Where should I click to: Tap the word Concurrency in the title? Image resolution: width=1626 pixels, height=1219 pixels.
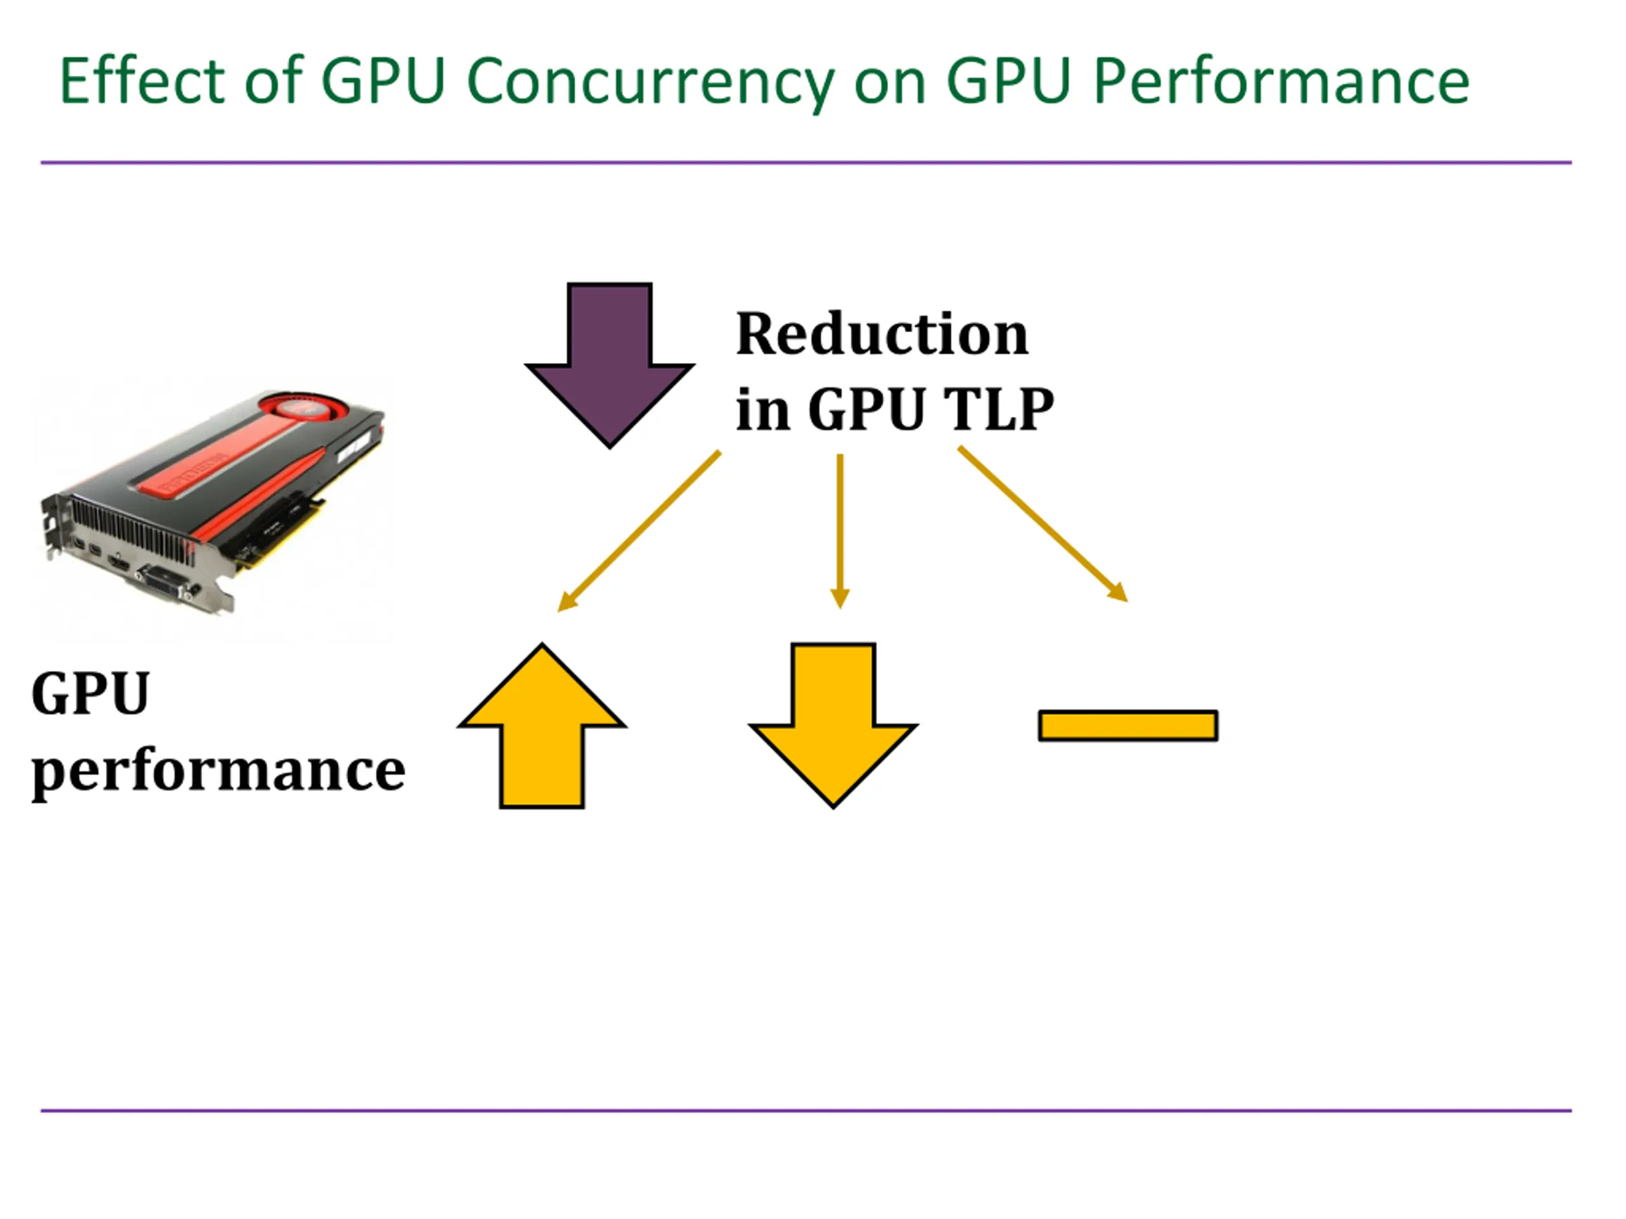[x=650, y=83]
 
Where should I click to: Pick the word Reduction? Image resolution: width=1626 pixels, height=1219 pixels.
[x=882, y=335]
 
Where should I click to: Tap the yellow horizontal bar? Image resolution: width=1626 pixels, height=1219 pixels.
[x=1127, y=725]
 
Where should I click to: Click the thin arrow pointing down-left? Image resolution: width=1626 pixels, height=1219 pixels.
[x=639, y=531]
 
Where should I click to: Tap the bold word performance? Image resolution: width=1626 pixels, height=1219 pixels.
[x=218, y=771]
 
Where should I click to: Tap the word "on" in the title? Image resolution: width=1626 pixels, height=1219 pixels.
[x=889, y=83]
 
